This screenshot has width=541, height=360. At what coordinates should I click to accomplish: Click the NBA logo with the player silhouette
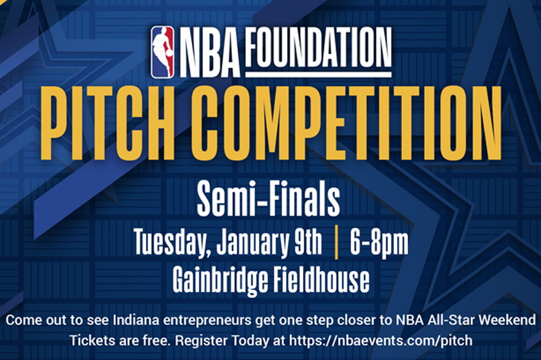tap(162, 52)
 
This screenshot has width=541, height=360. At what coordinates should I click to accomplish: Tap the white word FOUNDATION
tap(318, 49)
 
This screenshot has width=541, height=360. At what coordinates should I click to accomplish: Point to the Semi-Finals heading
tap(269, 200)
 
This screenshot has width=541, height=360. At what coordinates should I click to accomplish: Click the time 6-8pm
tap(379, 243)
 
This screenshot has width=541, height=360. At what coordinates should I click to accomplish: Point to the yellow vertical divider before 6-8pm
tap(336, 242)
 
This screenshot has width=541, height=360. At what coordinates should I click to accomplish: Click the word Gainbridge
tap(220, 281)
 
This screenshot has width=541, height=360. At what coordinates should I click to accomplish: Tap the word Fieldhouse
tap(321, 280)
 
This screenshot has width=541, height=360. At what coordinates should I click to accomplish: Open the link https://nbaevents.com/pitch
tap(381, 341)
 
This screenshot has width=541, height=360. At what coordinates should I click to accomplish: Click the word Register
tap(202, 342)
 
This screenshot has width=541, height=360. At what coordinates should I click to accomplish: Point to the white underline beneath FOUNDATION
tap(318, 74)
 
